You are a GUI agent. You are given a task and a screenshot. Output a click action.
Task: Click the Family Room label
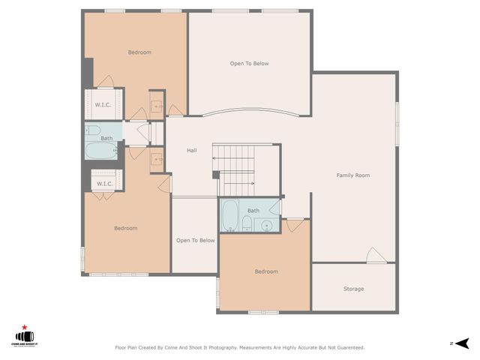click(352, 175)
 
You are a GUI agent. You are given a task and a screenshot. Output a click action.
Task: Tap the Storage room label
click(353, 289)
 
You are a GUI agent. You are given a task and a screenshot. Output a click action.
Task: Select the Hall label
click(192, 151)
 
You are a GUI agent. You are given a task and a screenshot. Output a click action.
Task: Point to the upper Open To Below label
click(249, 64)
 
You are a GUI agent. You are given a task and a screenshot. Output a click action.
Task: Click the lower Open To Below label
click(195, 241)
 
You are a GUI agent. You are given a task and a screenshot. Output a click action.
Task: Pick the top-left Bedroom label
click(139, 52)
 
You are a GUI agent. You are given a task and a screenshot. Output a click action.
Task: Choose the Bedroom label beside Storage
click(265, 271)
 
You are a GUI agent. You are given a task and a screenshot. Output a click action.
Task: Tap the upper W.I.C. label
click(103, 105)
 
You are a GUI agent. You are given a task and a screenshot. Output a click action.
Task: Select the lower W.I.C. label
click(104, 184)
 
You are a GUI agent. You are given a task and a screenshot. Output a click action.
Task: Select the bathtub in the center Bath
click(230, 215)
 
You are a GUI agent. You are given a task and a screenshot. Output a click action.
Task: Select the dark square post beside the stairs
click(216, 175)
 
